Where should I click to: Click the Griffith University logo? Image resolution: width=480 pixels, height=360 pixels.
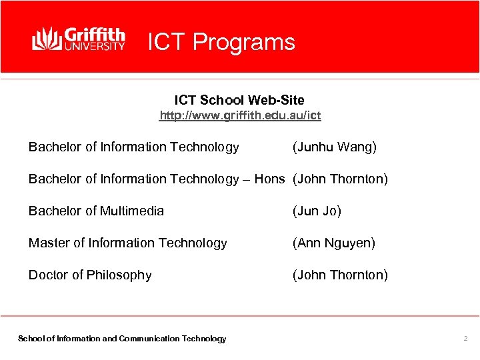point(79,39)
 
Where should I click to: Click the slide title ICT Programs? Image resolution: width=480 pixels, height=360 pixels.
point(221,42)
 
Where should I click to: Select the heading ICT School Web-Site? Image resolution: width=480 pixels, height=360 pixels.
point(239,100)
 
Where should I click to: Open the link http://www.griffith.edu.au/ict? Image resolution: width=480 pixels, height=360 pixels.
point(240,116)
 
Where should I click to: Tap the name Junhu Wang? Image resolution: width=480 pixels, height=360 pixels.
point(335,147)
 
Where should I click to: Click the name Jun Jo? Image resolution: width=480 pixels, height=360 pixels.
point(317,211)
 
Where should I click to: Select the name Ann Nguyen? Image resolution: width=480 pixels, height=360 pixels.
point(334,243)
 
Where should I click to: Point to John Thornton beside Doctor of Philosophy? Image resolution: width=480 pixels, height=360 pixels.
point(340,275)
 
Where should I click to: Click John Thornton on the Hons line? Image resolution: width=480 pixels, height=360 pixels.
point(340,179)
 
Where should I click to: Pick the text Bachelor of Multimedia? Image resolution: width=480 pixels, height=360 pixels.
point(96,211)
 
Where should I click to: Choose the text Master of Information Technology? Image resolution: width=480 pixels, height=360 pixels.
point(127,243)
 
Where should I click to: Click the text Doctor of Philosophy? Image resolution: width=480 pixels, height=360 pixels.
point(90,275)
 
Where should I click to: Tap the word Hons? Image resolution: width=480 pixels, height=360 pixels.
point(269,179)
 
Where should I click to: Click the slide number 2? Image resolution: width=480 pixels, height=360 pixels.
point(465,339)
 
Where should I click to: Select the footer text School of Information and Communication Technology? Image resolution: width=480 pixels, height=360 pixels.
point(122,339)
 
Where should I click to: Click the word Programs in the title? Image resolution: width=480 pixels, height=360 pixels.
point(243,42)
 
